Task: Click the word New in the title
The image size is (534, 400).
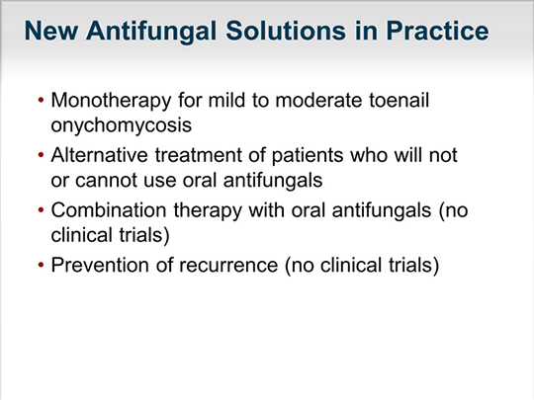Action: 51,31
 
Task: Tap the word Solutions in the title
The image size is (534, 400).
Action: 286,31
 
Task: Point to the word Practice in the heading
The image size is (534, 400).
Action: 438,31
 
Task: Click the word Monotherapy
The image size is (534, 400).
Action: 111,101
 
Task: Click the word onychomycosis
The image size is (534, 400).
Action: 122,125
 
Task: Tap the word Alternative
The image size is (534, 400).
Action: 100,155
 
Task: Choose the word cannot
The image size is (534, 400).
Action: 106,181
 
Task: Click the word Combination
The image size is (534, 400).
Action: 109,209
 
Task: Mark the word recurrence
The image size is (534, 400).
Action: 228,266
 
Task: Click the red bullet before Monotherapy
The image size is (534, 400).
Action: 42,101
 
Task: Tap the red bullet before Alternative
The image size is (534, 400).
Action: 42,155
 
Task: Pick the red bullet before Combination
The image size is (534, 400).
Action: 42,210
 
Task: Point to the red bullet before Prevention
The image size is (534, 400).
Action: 42,266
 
